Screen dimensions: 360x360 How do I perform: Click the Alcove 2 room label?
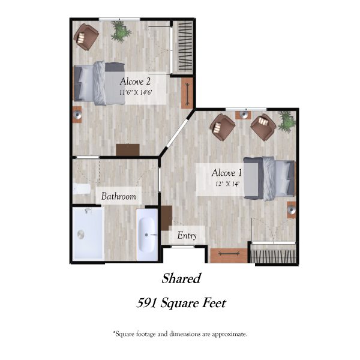135,82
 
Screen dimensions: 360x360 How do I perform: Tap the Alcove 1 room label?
227,173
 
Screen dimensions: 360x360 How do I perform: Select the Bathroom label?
119,196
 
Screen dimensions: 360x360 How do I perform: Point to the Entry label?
187,236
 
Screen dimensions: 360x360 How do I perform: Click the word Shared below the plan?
181,278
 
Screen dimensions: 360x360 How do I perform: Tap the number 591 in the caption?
146,303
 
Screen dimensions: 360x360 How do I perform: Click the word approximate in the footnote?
229,334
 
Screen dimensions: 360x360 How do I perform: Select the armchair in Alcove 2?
86,37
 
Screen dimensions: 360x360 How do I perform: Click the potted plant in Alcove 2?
121,31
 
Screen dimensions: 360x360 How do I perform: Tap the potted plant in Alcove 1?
287,122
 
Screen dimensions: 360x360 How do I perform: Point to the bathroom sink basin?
147,235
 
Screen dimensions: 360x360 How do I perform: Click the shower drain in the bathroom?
80,235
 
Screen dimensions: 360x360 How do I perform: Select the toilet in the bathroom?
82,189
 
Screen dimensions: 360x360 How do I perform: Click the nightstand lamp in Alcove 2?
77,114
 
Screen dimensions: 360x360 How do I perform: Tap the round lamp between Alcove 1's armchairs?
243,114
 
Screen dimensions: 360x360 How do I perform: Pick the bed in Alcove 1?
269,179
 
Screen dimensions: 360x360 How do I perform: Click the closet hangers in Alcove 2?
185,46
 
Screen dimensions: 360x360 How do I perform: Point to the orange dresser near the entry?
229,256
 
